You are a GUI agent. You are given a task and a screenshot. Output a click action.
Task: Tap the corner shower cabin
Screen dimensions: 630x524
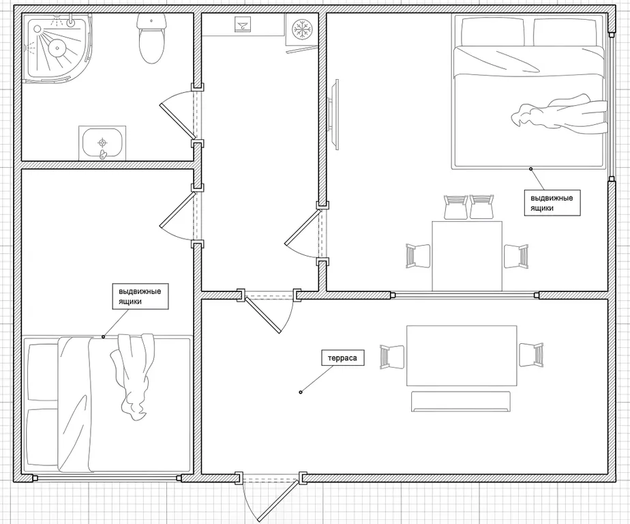coord(58,48)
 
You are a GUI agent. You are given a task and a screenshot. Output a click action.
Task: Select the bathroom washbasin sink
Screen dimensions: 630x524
coord(102,143)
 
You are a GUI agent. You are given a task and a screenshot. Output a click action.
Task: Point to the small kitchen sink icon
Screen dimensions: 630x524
coord(243,25)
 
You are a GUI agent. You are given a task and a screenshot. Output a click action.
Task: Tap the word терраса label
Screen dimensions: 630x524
coord(342,358)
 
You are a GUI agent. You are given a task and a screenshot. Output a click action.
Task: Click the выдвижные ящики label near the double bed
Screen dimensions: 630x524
coord(552,203)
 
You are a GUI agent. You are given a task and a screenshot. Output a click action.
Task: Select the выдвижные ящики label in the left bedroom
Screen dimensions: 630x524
coord(140,296)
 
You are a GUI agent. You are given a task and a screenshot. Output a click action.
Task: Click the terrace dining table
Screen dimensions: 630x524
coord(462,355)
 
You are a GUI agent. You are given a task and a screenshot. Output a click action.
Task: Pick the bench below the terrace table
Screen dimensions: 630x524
coord(461,402)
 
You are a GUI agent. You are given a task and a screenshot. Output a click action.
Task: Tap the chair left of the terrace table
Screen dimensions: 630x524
coord(392,357)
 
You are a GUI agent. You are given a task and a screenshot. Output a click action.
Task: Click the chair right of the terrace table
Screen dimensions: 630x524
coord(531,355)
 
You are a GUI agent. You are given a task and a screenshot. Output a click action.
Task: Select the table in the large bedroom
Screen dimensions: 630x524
coord(467,256)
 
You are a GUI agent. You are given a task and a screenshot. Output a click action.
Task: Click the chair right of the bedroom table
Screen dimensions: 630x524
coord(516,256)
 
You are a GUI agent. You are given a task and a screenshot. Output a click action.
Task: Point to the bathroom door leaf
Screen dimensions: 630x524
coord(177,120)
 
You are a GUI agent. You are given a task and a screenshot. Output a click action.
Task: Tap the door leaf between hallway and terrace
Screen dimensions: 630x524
coord(262,315)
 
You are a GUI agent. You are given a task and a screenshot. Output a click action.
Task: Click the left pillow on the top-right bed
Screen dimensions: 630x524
coord(493,32)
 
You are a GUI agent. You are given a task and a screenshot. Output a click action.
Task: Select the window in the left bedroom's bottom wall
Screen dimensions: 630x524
coord(107,478)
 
